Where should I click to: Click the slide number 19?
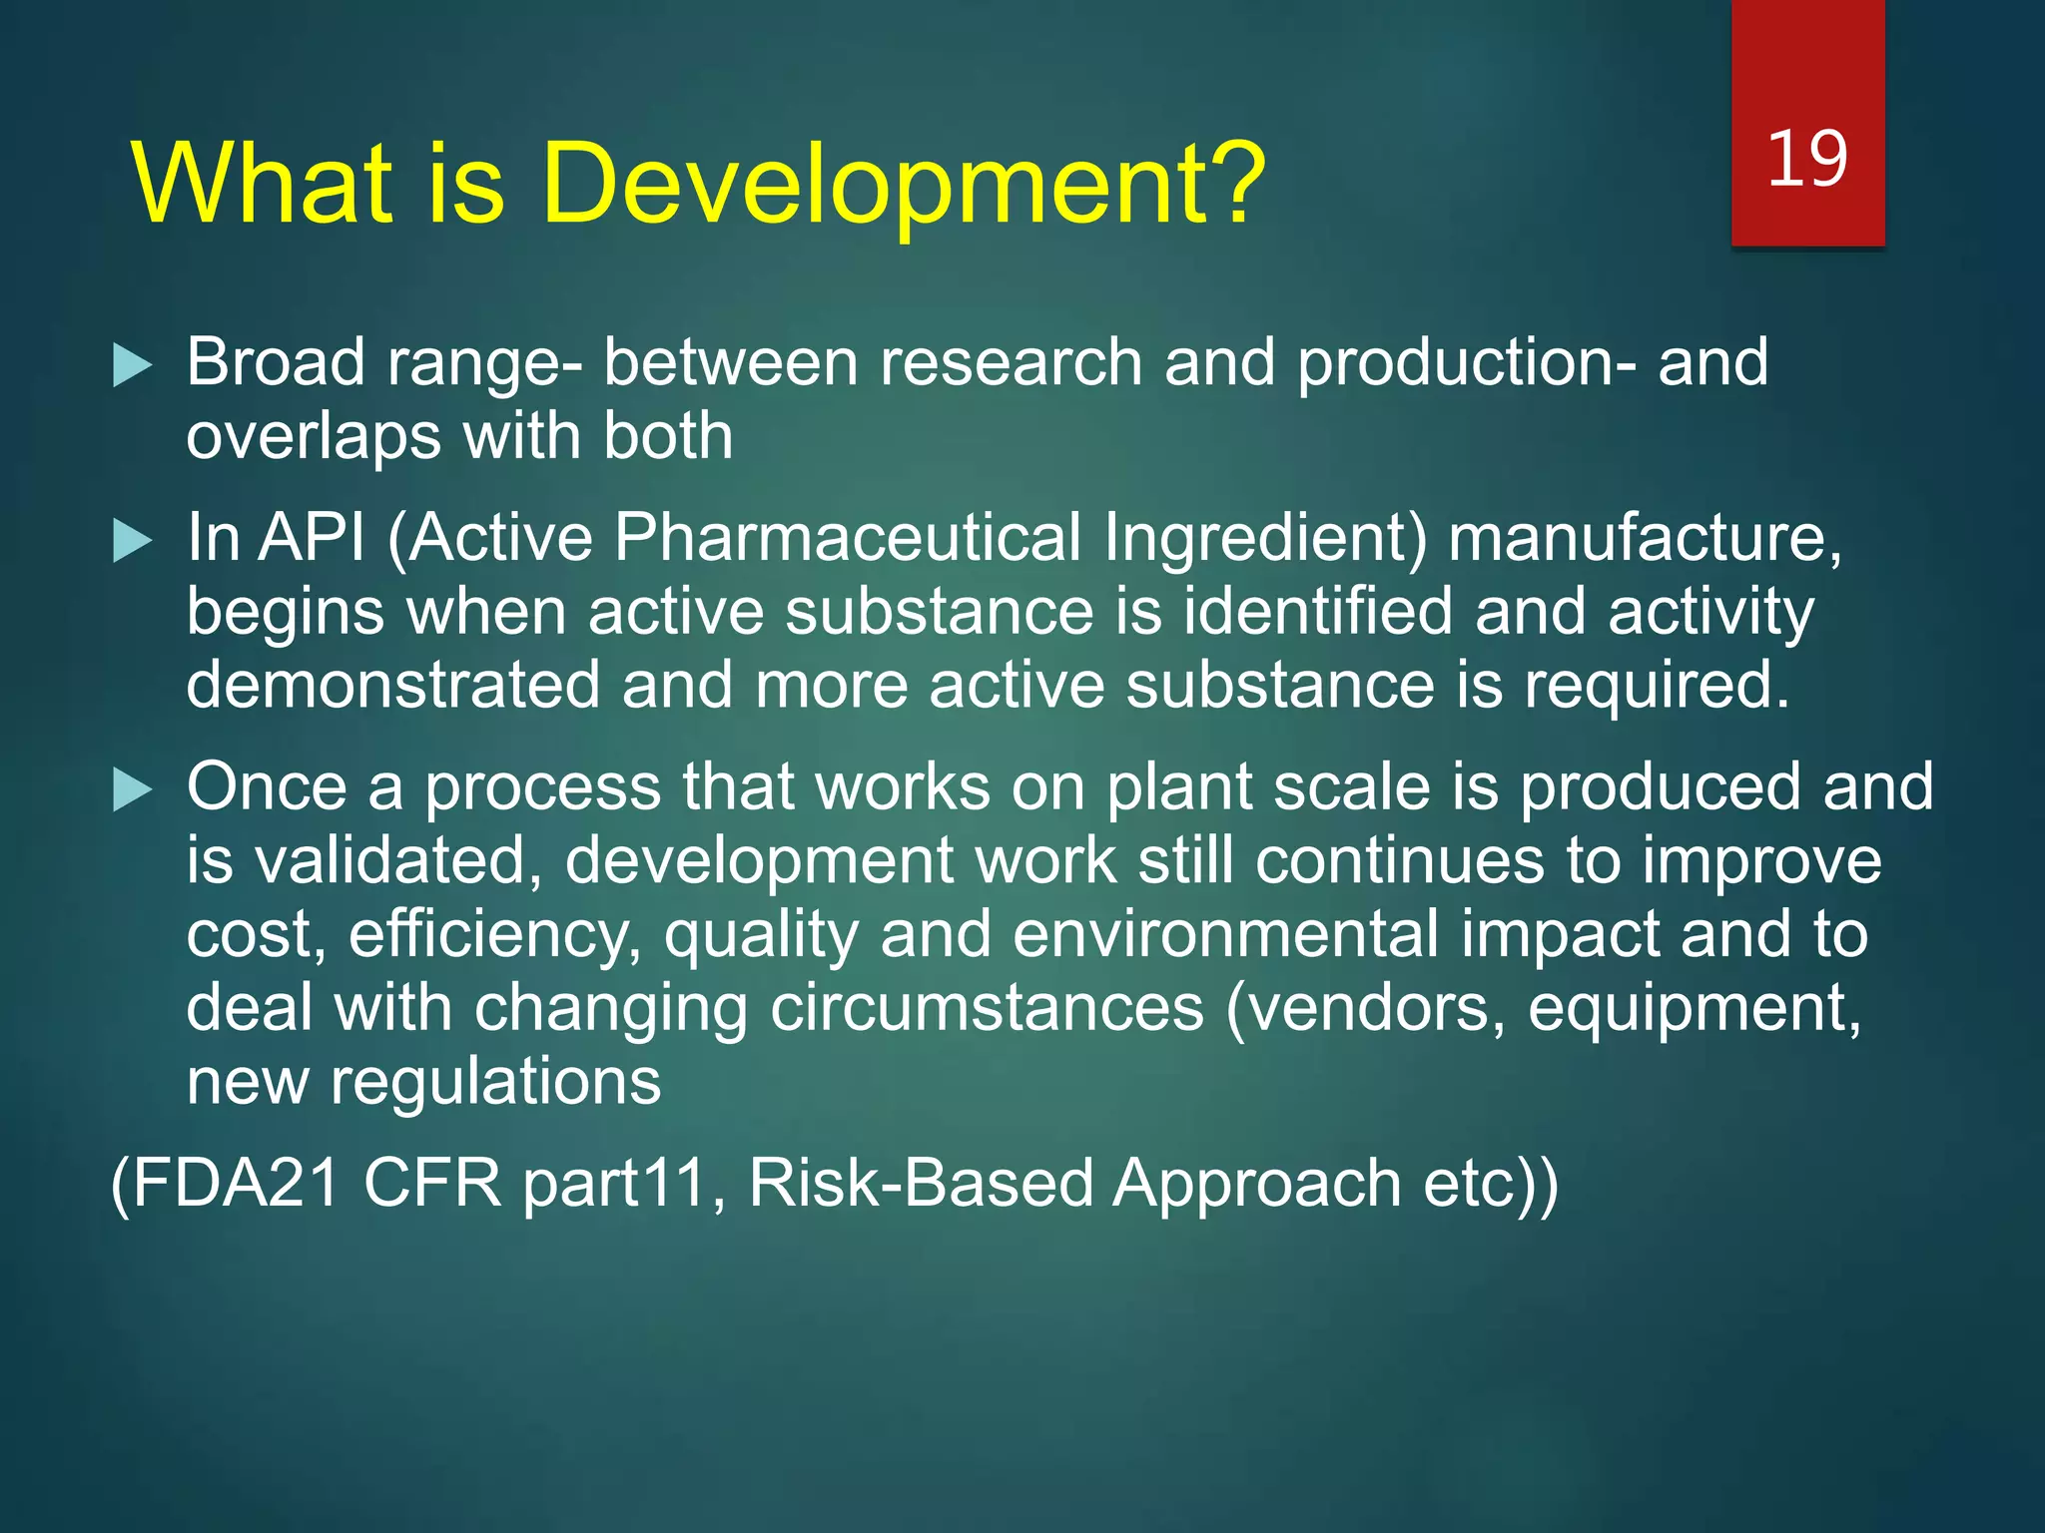pos(1807,160)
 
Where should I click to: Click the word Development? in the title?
pos(904,185)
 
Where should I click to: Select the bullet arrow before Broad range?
pos(132,365)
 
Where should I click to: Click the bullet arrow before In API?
pos(132,541)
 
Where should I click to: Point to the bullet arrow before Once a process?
pos(132,790)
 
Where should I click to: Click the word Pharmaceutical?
pos(847,539)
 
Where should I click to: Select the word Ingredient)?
pos(1265,539)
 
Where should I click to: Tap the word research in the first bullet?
pos(1011,362)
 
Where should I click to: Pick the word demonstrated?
pos(393,687)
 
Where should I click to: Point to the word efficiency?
pos(495,935)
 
